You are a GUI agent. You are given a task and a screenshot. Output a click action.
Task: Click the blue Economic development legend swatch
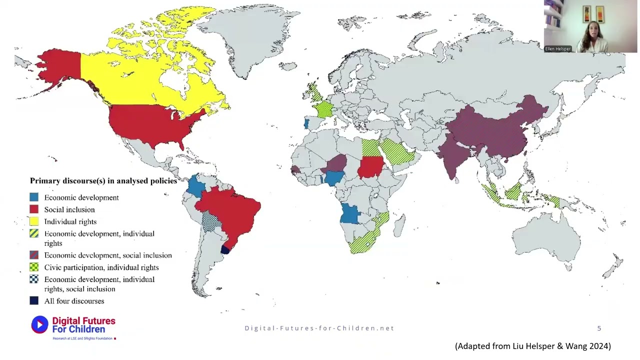point(34,197)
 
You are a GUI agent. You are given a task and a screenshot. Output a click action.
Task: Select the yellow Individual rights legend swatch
point(34,221)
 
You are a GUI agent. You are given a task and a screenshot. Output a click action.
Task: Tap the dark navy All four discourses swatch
point(34,301)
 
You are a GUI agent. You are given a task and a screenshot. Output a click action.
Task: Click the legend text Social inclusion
point(69,209)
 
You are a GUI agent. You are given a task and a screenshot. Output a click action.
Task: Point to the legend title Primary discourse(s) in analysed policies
point(103,181)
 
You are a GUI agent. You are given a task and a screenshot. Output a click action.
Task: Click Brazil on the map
point(232,210)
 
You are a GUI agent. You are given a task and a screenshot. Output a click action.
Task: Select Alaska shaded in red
point(60,67)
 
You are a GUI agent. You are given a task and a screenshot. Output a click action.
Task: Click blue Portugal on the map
point(306,124)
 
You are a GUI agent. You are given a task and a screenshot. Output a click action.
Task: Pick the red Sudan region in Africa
point(371,167)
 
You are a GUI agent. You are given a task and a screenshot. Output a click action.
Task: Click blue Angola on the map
point(350,214)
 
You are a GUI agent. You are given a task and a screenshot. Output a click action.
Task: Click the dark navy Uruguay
point(225,250)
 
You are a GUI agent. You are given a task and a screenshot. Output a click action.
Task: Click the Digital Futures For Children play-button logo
point(39,325)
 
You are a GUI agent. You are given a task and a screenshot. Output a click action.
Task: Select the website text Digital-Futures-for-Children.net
point(319,328)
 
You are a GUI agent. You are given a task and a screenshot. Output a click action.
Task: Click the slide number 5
point(599,328)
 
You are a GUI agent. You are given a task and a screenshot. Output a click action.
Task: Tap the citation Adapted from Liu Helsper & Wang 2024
point(532,346)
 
